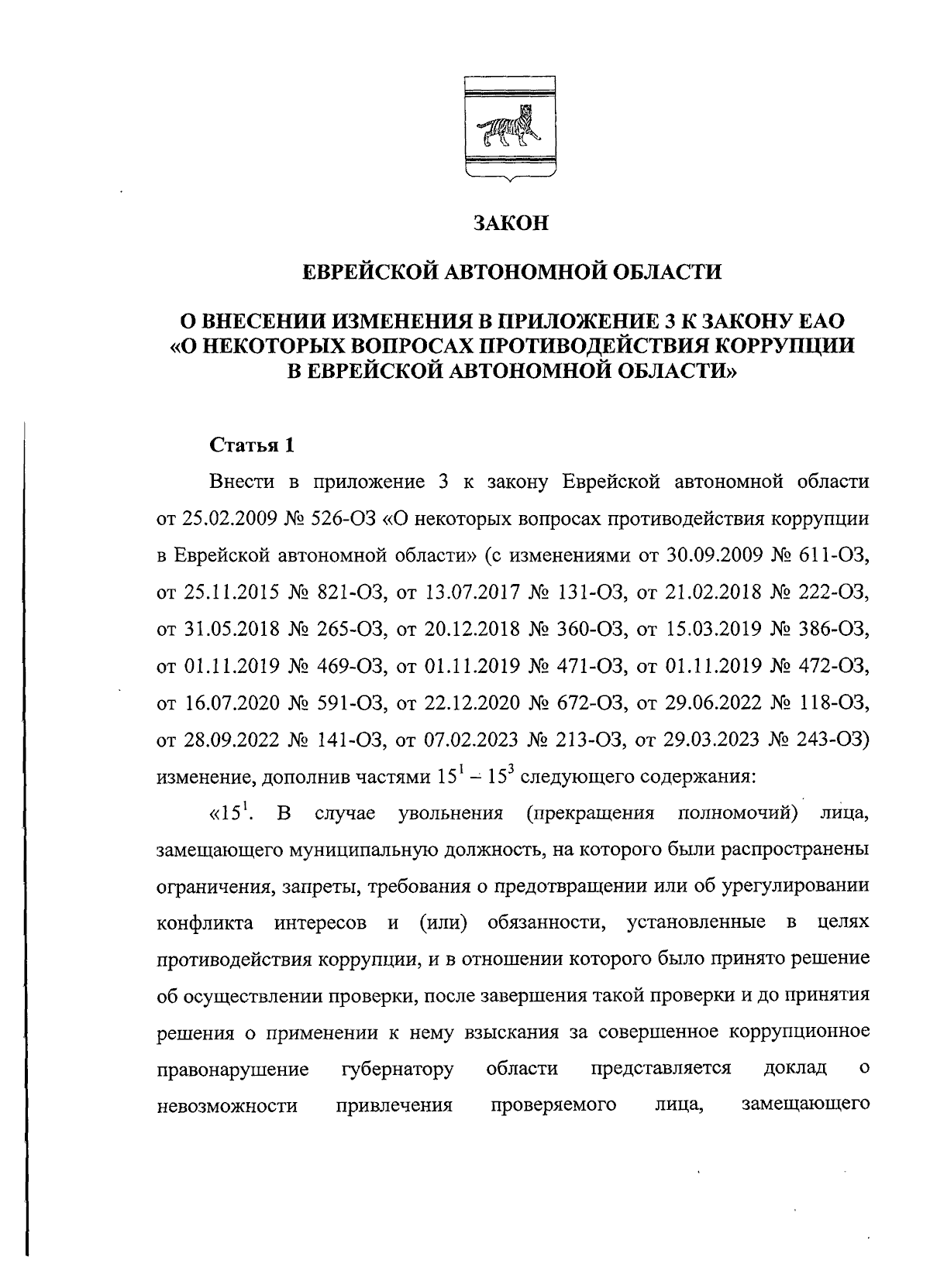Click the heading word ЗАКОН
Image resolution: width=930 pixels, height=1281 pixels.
[x=511, y=224]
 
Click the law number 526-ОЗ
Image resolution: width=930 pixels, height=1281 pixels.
[x=347, y=518]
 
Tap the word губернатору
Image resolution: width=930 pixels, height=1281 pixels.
[x=397, y=1070]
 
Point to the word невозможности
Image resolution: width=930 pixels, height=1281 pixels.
[x=227, y=1106]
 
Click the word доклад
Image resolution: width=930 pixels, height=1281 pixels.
[x=794, y=1070]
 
